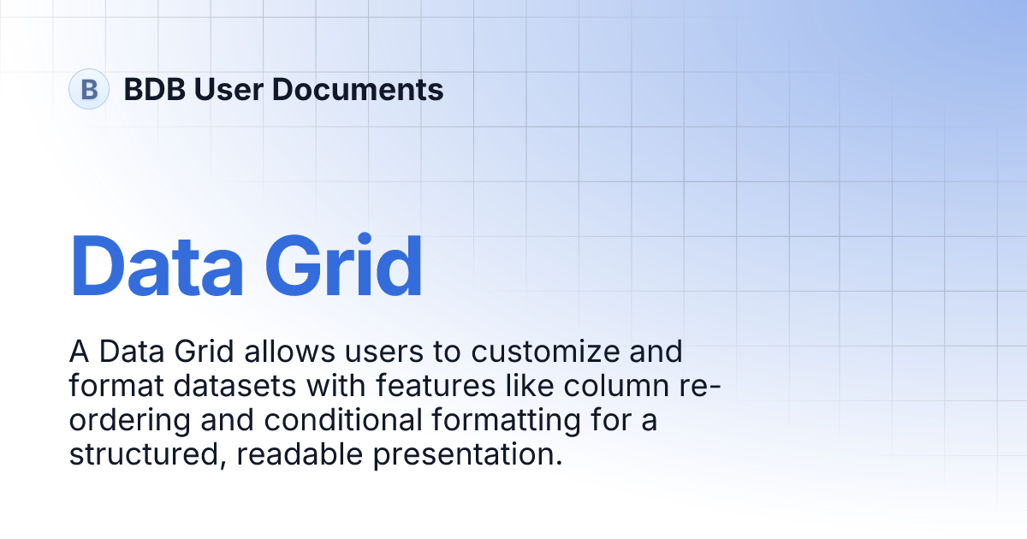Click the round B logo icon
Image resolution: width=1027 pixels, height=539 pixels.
click(88, 89)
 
